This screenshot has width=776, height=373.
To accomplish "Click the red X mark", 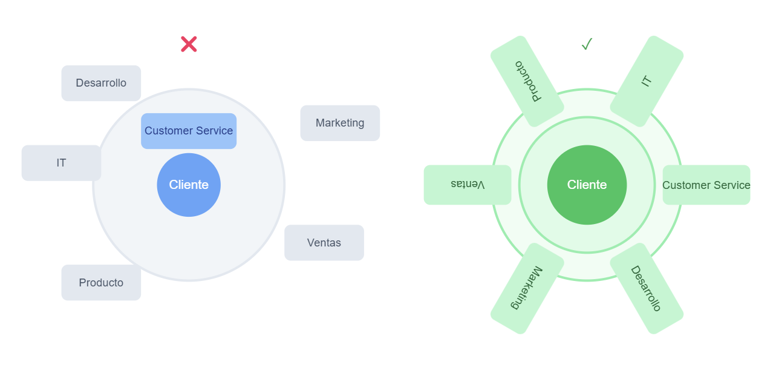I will (189, 44).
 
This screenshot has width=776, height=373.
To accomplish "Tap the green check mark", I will (587, 44).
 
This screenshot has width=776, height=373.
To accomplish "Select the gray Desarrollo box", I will (101, 83).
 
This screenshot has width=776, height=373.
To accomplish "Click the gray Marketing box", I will (340, 123).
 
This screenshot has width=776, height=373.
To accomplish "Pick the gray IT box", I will (61, 163).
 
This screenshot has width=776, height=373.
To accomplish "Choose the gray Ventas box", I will (324, 243).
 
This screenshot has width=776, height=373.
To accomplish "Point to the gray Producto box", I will (101, 283).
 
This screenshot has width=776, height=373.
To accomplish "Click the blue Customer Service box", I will (189, 131).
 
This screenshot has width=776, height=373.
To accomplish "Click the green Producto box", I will (527, 81).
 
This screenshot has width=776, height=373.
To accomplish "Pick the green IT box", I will (647, 81).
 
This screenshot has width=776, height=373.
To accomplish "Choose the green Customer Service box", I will (706, 185).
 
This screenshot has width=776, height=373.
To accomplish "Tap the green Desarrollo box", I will (647, 288).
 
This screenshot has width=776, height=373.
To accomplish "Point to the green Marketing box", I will (527, 288).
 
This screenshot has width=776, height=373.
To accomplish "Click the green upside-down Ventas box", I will (468, 185).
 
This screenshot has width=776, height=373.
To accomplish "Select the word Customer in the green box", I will (686, 185).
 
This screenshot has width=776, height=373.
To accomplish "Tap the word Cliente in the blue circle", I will (189, 185).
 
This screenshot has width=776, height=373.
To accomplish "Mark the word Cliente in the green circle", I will (587, 185).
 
